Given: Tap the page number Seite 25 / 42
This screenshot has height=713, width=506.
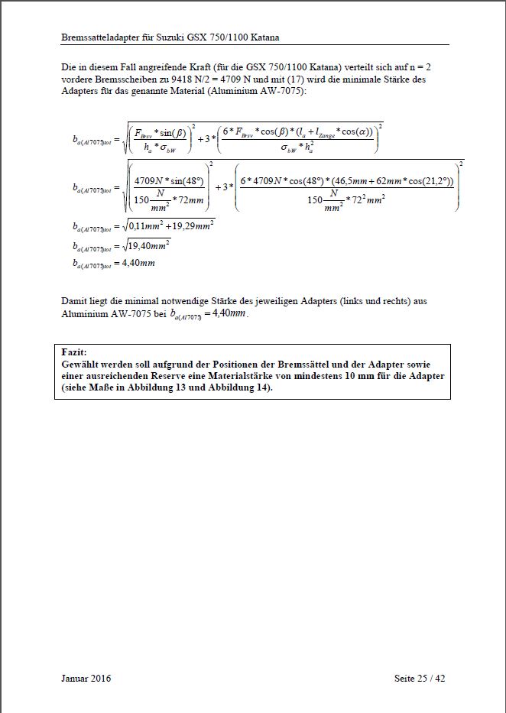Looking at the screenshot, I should tap(420, 679).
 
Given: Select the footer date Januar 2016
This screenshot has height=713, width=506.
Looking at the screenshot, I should tap(86, 679).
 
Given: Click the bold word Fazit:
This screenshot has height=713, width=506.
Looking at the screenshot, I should tap(75, 352).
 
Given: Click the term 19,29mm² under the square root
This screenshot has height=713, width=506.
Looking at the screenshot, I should tap(192, 225).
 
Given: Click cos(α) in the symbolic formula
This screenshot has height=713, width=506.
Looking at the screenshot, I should tap(355, 131).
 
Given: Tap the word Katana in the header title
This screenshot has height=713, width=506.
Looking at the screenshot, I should tap(271, 37).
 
